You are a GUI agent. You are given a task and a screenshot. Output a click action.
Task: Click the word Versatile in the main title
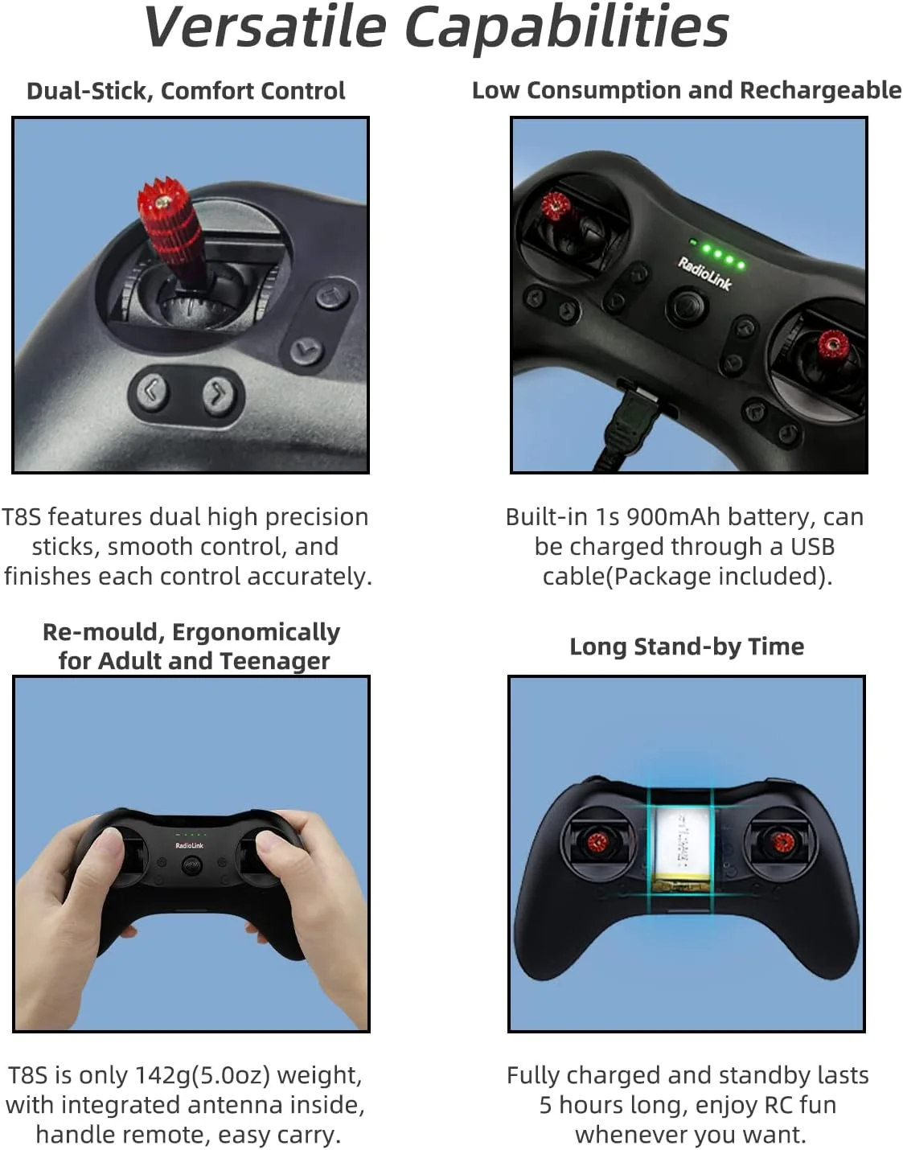[x=265, y=27]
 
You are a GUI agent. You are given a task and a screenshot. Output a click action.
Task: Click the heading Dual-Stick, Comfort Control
[x=187, y=91]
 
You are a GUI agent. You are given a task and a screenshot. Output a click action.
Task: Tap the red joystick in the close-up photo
[x=170, y=233]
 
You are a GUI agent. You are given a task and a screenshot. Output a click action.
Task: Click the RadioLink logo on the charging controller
[x=704, y=273]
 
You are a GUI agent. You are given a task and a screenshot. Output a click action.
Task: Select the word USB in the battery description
[x=812, y=547]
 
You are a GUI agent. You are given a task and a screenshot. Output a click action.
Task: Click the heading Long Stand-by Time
[x=687, y=647]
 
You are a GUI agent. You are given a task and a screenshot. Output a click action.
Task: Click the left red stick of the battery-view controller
[x=597, y=841]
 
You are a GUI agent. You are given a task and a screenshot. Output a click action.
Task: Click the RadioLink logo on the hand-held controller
[x=190, y=845]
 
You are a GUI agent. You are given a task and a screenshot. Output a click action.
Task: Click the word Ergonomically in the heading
[x=256, y=632]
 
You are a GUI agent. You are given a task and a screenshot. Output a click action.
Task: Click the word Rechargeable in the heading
[x=820, y=91]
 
